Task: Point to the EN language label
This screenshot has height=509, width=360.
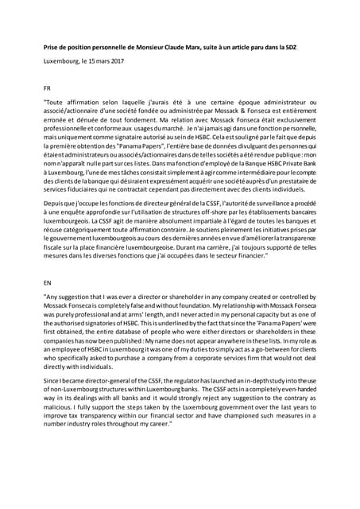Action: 48,281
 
